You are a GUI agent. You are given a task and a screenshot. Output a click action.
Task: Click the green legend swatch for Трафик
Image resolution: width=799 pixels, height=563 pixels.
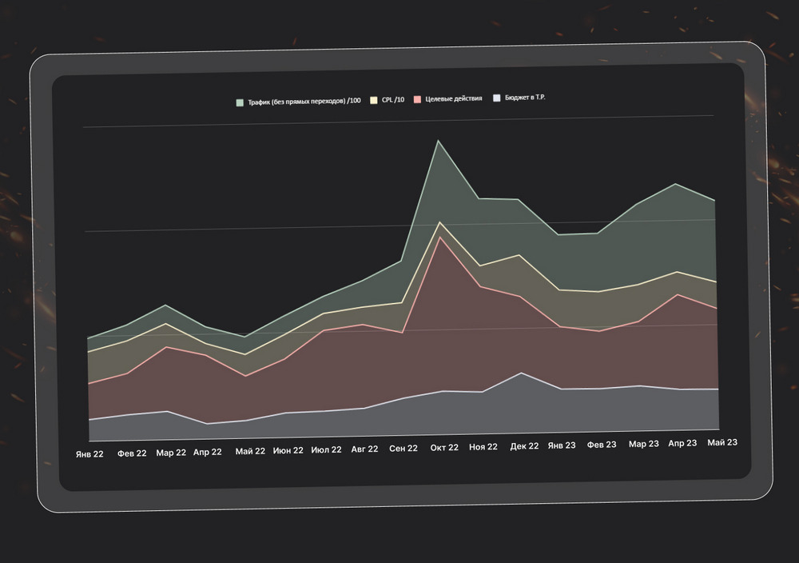pyautogui.click(x=240, y=102)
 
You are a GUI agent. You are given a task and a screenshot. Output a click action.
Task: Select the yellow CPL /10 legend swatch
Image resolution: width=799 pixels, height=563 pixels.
pyautogui.click(x=373, y=101)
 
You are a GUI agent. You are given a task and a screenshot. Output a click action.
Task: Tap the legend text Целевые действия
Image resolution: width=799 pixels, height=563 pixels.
pyautogui.click(x=454, y=98)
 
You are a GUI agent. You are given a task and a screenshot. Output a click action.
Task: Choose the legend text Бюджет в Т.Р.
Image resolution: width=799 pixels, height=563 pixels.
pyautogui.click(x=525, y=97)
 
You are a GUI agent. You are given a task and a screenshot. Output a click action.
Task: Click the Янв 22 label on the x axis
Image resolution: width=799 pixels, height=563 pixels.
pyautogui.click(x=89, y=454)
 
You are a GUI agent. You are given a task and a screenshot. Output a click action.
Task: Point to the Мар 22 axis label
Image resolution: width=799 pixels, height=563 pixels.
pyautogui.click(x=171, y=453)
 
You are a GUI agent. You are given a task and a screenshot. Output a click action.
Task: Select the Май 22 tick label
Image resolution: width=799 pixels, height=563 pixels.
pyautogui.click(x=250, y=451)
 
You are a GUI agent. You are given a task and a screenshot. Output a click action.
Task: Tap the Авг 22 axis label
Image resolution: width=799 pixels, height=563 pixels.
pyautogui.click(x=365, y=449)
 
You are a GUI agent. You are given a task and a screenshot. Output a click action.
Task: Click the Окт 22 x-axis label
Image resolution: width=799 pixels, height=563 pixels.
pyautogui.click(x=444, y=448)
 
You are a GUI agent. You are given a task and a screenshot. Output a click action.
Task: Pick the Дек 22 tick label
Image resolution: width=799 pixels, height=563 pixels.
pyautogui.click(x=524, y=446)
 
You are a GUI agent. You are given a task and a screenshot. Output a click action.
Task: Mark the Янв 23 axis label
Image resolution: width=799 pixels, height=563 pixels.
pyautogui.click(x=562, y=445)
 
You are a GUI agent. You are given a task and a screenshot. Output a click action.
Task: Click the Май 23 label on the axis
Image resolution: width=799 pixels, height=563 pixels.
pyautogui.click(x=722, y=443)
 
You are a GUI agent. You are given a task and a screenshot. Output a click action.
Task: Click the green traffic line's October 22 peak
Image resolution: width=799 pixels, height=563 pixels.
pyautogui.click(x=438, y=140)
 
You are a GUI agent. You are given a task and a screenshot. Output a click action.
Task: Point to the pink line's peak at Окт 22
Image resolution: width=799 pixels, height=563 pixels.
pyautogui.click(x=439, y=237)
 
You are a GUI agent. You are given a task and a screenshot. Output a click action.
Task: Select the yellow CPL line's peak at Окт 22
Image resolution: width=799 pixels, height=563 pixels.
pyautogui.click(x=439, y=222)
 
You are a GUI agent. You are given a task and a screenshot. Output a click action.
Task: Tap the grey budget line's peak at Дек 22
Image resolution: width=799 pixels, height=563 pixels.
pyautogui.click(x=521, y=373)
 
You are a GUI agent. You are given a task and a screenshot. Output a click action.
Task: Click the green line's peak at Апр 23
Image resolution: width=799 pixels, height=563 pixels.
pyautogui.click(x=676, y=184)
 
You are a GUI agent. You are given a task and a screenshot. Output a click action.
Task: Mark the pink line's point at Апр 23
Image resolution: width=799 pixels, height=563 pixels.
pyautogui.click(x=678, y=294)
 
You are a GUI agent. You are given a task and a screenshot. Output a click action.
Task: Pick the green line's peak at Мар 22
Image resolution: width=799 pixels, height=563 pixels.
pyautogui.click(x=165, y=305)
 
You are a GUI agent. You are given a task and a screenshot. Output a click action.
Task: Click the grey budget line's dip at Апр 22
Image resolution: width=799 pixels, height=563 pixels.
pyautogui.click(x=207, y=424)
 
